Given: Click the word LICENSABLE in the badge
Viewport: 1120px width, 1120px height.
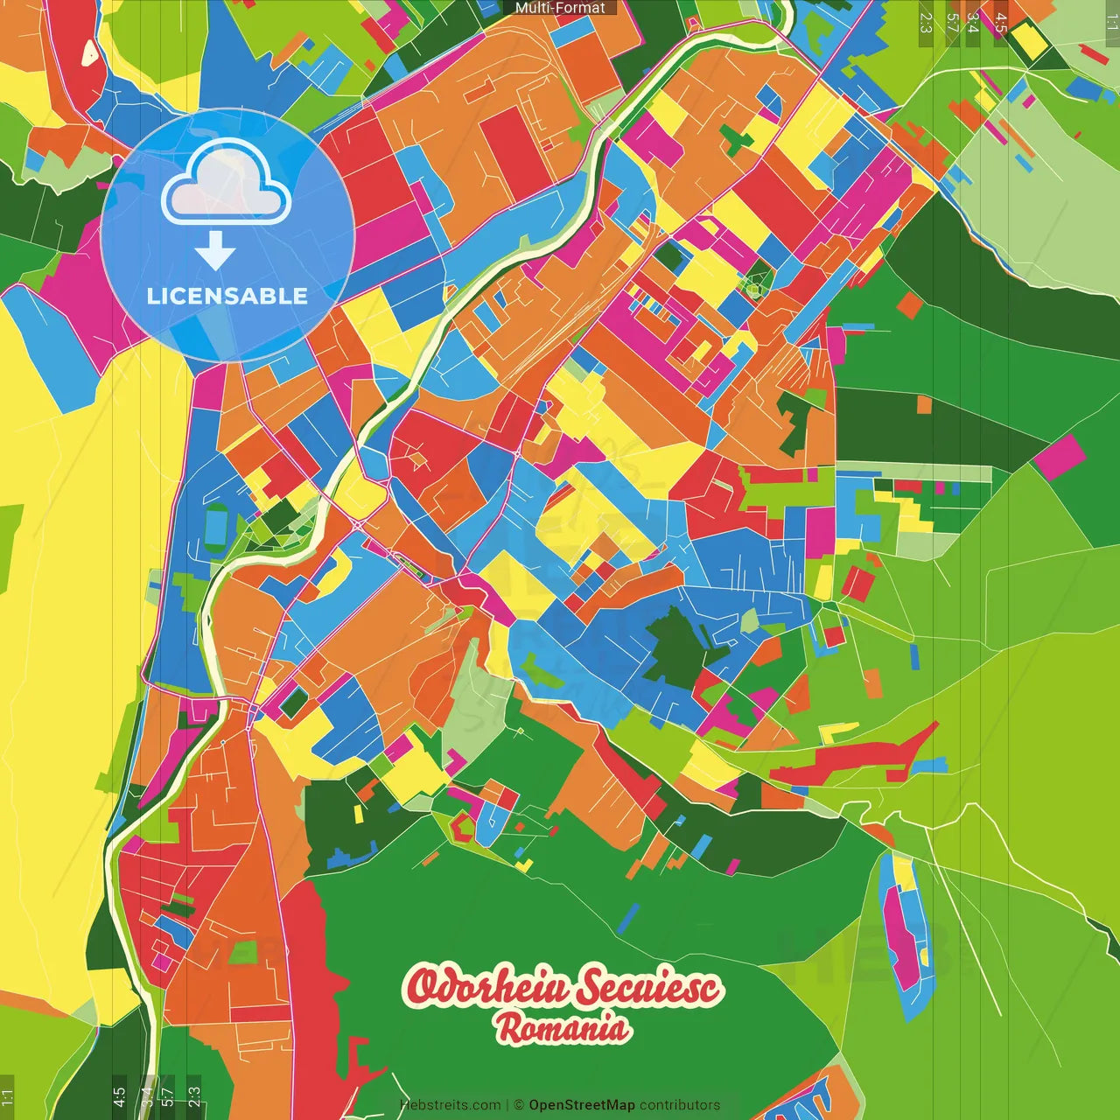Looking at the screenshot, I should tap(227, 296).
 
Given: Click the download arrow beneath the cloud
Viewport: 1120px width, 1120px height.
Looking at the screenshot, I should tap(215, 251).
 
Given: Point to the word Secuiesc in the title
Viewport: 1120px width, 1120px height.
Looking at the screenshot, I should tap(648, 987).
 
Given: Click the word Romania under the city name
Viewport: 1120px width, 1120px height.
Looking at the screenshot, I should tap(563, 1028).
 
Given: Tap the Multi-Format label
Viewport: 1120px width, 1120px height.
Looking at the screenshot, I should tap(560, 8).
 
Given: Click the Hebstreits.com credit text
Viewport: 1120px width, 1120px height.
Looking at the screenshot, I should tap(450, 1105).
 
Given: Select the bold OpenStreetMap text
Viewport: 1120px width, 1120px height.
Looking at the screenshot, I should tap(582, 1105).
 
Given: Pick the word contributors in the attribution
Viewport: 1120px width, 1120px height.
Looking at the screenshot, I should tap(680, 1105).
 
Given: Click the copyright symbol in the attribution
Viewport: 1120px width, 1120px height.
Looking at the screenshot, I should tap(518, 1105).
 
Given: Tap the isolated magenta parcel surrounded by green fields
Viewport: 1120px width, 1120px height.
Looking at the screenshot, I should tap(1060, 457).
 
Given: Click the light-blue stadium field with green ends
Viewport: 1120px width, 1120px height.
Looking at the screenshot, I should tap(215, 526).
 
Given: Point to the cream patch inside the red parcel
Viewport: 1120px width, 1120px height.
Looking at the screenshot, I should tap(90, 53).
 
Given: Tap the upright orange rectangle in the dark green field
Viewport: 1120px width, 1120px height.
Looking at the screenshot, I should tap(925, 404).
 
